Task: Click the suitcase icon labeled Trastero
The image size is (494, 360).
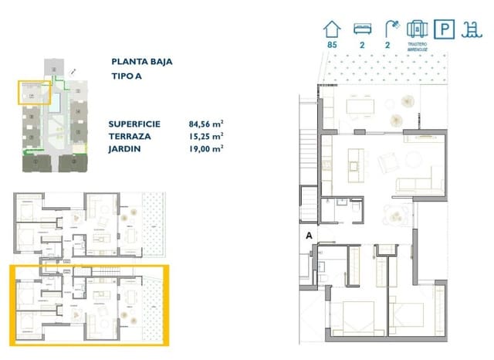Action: (x=418, y=29)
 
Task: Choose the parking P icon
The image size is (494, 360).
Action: (x=444, y=29)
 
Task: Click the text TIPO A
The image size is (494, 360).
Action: (x=127, y=76)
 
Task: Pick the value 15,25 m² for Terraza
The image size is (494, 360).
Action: (x=206, y=136)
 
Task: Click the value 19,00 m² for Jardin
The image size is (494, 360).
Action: (x=206, y=148)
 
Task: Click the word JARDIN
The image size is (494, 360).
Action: (x=125, y=148)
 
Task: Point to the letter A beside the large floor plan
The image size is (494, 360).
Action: (x=309, y=236)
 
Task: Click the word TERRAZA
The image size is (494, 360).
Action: (x=130, y=136)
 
